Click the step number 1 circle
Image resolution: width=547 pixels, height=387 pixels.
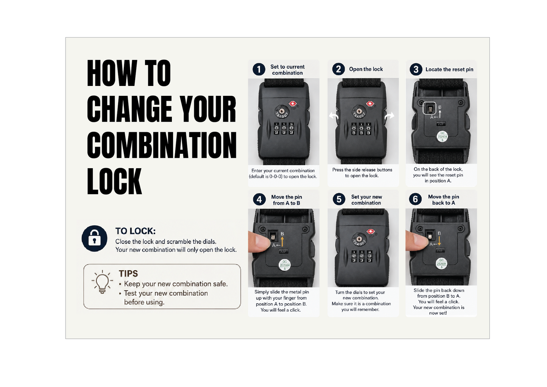pos(259,69)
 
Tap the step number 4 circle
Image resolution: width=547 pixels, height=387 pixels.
pos(259,200)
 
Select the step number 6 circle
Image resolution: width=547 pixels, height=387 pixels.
pos(415,199)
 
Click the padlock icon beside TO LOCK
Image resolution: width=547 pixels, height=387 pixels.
pos(95,239)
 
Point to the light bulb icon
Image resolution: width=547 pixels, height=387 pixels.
pos(102,282)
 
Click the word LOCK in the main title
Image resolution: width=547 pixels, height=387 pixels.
pos(114,181)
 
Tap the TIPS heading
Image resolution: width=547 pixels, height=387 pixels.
pos(128,273)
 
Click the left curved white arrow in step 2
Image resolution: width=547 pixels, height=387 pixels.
pos(333,115)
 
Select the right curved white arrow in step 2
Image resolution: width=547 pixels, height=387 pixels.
pos(389,115)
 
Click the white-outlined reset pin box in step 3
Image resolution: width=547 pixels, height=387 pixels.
pos(429,108)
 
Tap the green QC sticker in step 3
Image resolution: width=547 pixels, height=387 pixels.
pos(442,137)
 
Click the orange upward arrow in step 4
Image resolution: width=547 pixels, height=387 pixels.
pos(282,242)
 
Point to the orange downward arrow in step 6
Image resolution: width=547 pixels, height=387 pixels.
pos(439,241)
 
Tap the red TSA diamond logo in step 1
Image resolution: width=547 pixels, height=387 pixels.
pos(293,104)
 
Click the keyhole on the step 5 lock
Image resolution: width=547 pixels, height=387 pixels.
pos(359,239)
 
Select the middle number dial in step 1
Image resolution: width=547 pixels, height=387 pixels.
pos(284,128)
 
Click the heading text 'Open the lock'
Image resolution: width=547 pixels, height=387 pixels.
pos(366,69)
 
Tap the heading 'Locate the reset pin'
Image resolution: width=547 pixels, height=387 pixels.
pos(449,69)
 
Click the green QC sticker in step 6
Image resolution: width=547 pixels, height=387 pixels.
pos(441,264)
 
